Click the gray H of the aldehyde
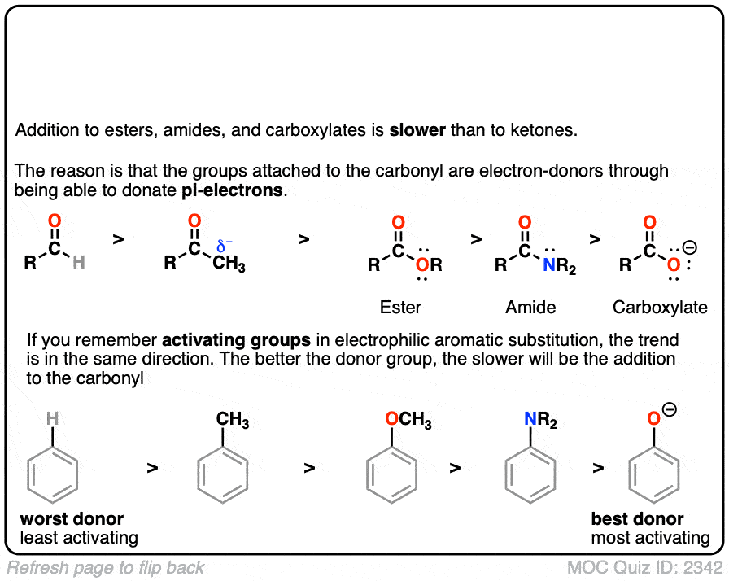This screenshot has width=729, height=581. (77, 263)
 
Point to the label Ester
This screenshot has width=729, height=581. (400, 308)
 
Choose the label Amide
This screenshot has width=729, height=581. (530, 308)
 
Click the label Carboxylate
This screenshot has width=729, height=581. (660, 308)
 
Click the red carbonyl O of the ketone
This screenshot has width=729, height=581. (194, 221)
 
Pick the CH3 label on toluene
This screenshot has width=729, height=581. (232, 421)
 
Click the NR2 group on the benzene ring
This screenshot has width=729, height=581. (541, 421)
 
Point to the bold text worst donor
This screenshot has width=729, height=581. (72, 519)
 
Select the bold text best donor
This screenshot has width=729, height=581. (637, 519)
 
